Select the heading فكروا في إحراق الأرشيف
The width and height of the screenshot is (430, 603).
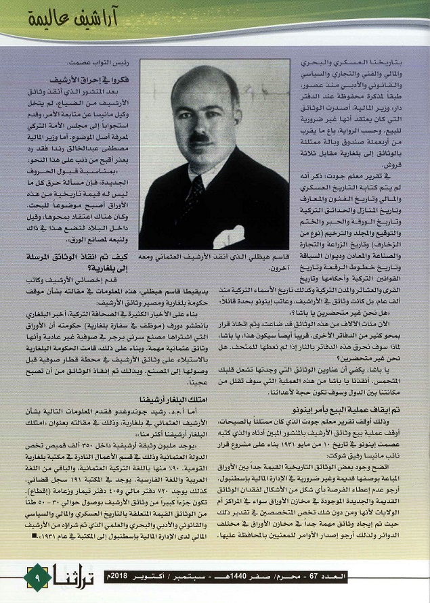(x=102, y=78)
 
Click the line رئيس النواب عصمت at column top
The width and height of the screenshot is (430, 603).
(x=122, y=64)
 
